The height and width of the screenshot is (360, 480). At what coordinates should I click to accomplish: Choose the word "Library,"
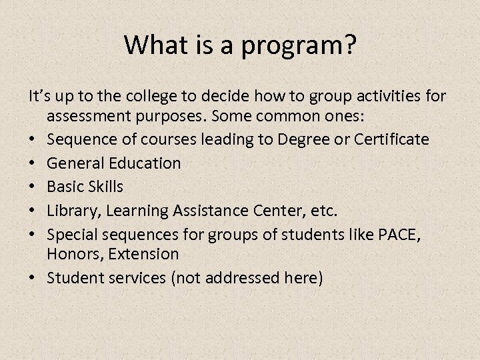pyautogui.click(x=73, y=211)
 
